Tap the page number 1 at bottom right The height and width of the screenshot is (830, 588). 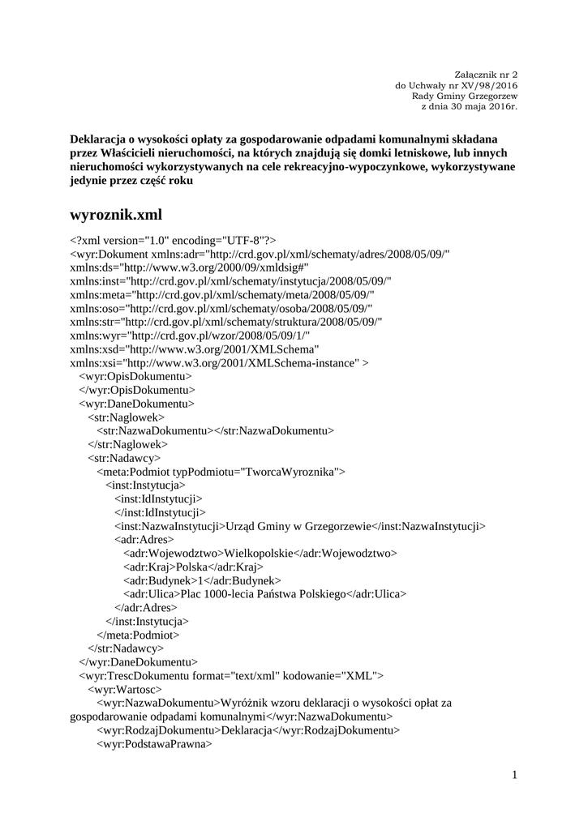514,776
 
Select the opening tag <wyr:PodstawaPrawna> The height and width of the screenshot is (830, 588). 154,743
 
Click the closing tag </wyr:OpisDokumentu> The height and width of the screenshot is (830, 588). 137,389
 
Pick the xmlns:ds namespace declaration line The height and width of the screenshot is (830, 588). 190,267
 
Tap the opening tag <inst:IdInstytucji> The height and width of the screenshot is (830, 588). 158,498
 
